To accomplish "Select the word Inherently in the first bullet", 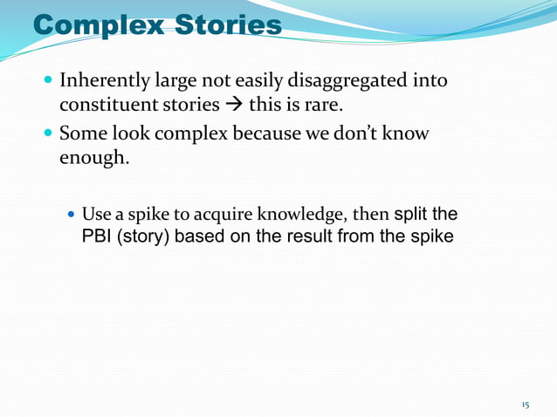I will point(102,82).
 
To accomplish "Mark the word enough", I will point(93,160).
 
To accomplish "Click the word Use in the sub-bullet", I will point(94,215).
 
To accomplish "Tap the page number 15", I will point(525,406).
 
